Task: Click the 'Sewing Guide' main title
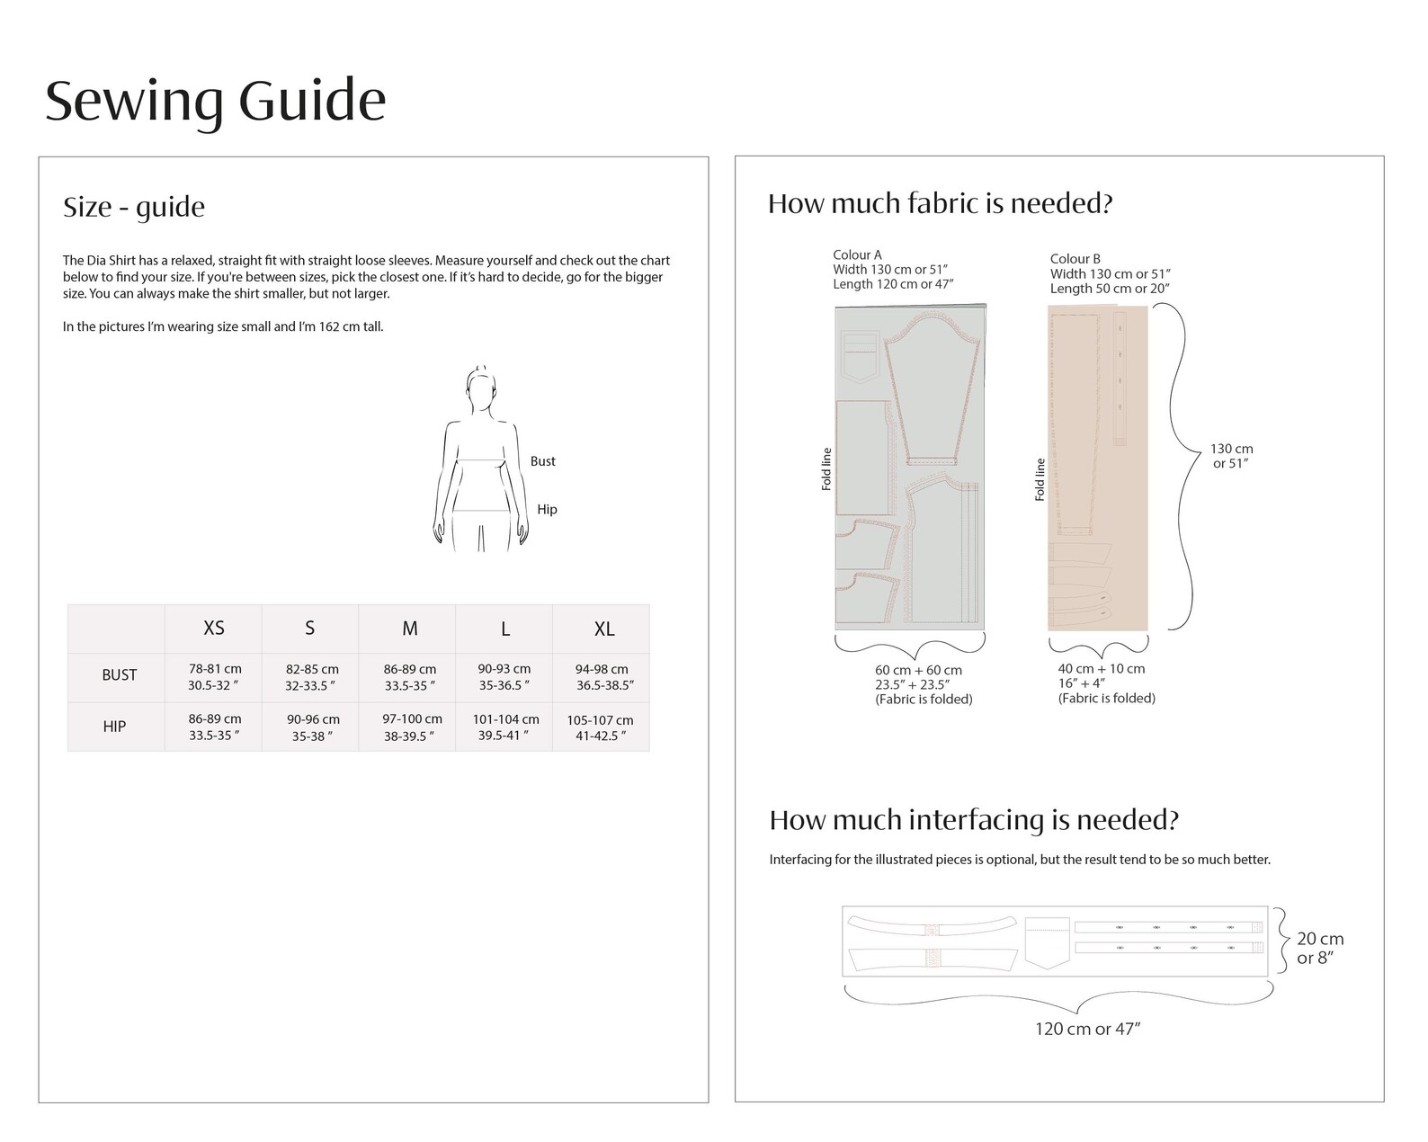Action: pyautogui.click(x=216, y=101)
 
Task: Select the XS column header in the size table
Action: pyautogui.click(x=214, y=628)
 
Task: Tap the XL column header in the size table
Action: pyautogui.click(x=604, y=629)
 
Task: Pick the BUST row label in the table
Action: pyautogui.click(x=120, y=674)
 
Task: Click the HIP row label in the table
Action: pyautogui.click(x=114, y=726)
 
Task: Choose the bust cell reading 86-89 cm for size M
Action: pyautogui.click(x=410, y=677)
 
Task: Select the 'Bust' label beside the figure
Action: pyautogui.click(x=543, y=461)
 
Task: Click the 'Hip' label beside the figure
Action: pyautogui.click(x=547, y=510)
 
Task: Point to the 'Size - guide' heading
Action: pyautogui.click(x=134, y=208)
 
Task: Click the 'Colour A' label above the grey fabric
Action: pyautogui.click(x=857, y=254)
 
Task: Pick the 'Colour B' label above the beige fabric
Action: pyautogui.click(x=1075, y=259)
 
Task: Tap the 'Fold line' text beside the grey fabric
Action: pyautogui.click(x=826, y=469)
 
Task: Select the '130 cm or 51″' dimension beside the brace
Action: pyautogui.click(x=1232, y=456)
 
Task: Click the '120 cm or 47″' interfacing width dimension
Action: pyautogui.click(x=1087, y=1029)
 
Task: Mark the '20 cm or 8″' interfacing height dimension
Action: pyautogui.click(x=1320, y=949)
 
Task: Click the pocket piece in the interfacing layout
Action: pyautogui.click(x=1047, y=943)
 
